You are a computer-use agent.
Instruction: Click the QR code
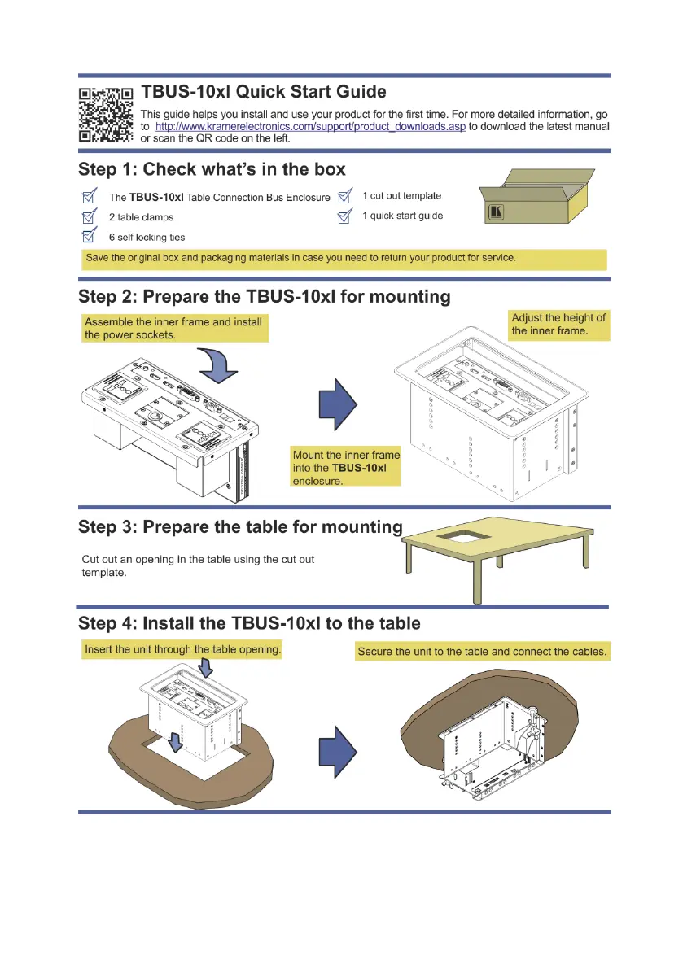click(x=106, y=115)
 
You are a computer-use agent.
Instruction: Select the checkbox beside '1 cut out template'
click(x=345, y=196)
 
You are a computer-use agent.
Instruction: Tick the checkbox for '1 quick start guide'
click(x=345, y=216)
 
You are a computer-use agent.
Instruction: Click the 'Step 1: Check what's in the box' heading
click(x=212, y=170)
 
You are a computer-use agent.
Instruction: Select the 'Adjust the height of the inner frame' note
click(x=558, y=325)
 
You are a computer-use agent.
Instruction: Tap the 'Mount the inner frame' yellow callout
click(x=346, y=468)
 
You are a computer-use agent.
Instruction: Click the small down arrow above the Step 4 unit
click(x=205, y=668)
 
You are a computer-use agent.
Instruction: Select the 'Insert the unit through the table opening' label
click(x=182, y=650)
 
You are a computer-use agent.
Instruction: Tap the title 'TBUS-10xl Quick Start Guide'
click(x=264, y=92)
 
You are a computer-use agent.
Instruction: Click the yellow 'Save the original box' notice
click(x=300, y=259)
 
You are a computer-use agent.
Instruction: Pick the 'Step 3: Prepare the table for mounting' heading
click(x=240, y=526)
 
